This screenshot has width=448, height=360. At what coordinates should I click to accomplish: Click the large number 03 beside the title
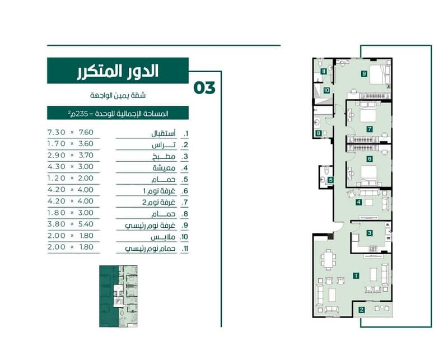tap(204, 88)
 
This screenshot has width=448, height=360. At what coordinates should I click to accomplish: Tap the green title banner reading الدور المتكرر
tap(118, 71)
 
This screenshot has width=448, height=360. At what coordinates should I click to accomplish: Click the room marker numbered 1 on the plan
tap(356, 275)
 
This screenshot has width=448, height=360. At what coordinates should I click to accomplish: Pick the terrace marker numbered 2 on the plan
tap(361, 310)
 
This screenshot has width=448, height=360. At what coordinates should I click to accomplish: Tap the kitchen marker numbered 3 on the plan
tap(369, 233)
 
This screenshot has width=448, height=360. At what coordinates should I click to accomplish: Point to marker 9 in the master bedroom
tap(364, 74)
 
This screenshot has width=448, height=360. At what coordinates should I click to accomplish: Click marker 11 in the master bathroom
tap(324, 72)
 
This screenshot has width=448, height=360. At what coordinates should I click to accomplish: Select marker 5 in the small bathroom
tap(330, 180)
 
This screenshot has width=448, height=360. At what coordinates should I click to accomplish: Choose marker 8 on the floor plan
tap(318, 133)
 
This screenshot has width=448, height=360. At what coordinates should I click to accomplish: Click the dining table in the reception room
tap(328, 259)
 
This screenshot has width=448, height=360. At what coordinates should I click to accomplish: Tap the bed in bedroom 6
tap(368, 175)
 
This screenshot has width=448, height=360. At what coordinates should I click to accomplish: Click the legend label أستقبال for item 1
tap(164, 133)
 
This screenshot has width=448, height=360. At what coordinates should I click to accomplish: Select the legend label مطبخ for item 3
tap(164, 156)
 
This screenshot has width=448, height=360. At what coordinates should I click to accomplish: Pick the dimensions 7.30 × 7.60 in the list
tap(71, 132)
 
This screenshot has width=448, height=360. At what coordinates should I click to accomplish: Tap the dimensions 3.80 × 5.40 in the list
tap(71, 224)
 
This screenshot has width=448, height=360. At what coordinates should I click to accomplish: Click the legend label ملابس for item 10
tap(163, 237)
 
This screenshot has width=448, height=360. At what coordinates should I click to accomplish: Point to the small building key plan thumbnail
tap(118, 296)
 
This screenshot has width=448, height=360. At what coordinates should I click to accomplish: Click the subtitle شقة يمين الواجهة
tap(118, 95)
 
